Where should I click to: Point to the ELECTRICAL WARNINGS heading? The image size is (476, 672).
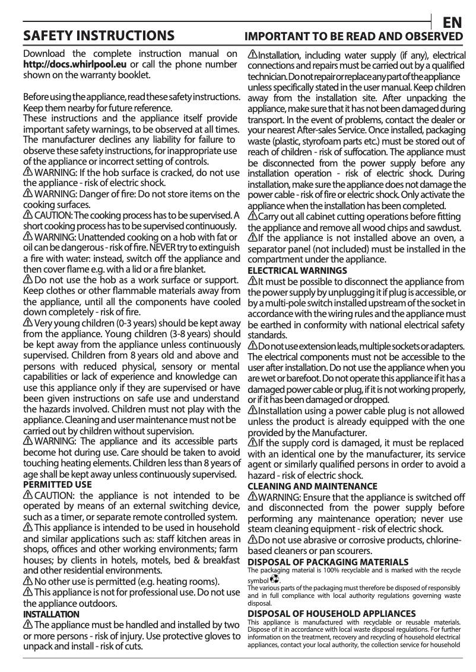(x=297, y=270)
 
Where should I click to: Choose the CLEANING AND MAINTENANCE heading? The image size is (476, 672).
(x=312, y=486)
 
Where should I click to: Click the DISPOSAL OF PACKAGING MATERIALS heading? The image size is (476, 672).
(x=328, y=561)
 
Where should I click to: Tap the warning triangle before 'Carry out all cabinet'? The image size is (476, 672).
(x=252, y=216)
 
